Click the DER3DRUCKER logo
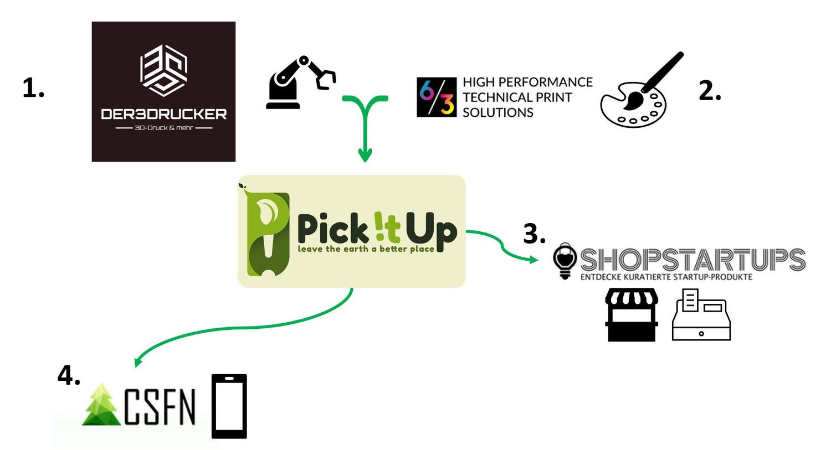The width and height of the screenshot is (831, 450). coord(163,91)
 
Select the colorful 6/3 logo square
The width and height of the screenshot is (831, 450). coord(437,97)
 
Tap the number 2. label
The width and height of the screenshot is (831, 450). coord(710,91)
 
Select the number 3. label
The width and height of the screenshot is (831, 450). coord(534,234)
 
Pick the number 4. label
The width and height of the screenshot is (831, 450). coord(69,376)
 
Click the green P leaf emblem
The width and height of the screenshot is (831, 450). coord(268,232)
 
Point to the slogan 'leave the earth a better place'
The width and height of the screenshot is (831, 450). coord(366,249)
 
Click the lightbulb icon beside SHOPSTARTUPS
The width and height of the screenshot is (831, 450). coord(565,260)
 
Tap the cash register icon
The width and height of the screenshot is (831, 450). coord(701,315)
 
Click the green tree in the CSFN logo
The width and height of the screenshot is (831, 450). coord(102,405)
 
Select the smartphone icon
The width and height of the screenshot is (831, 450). coord(229,406)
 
